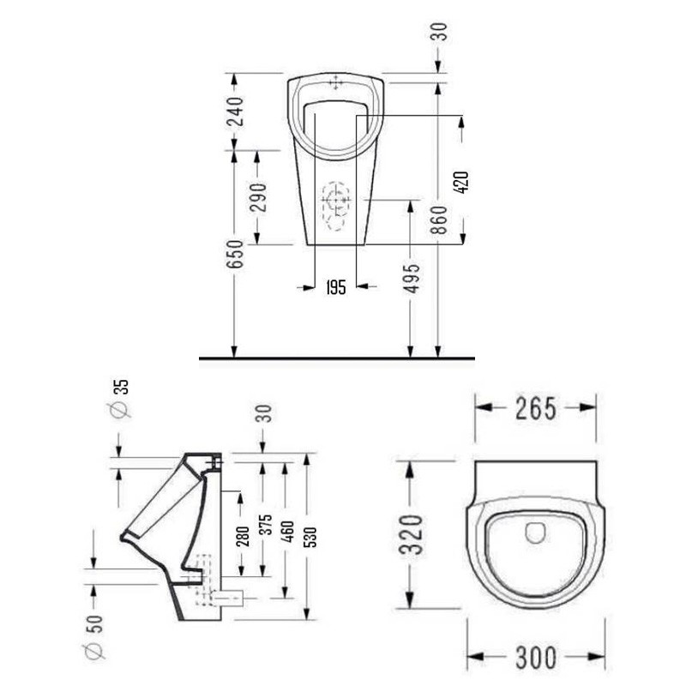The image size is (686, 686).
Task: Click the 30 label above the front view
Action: point(438,32)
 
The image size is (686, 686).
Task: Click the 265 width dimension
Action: point(537,409)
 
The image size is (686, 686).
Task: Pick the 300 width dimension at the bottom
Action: point(537,658)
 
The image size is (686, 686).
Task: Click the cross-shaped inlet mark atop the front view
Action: point(335,83)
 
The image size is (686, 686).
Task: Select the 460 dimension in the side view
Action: point(286,530)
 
